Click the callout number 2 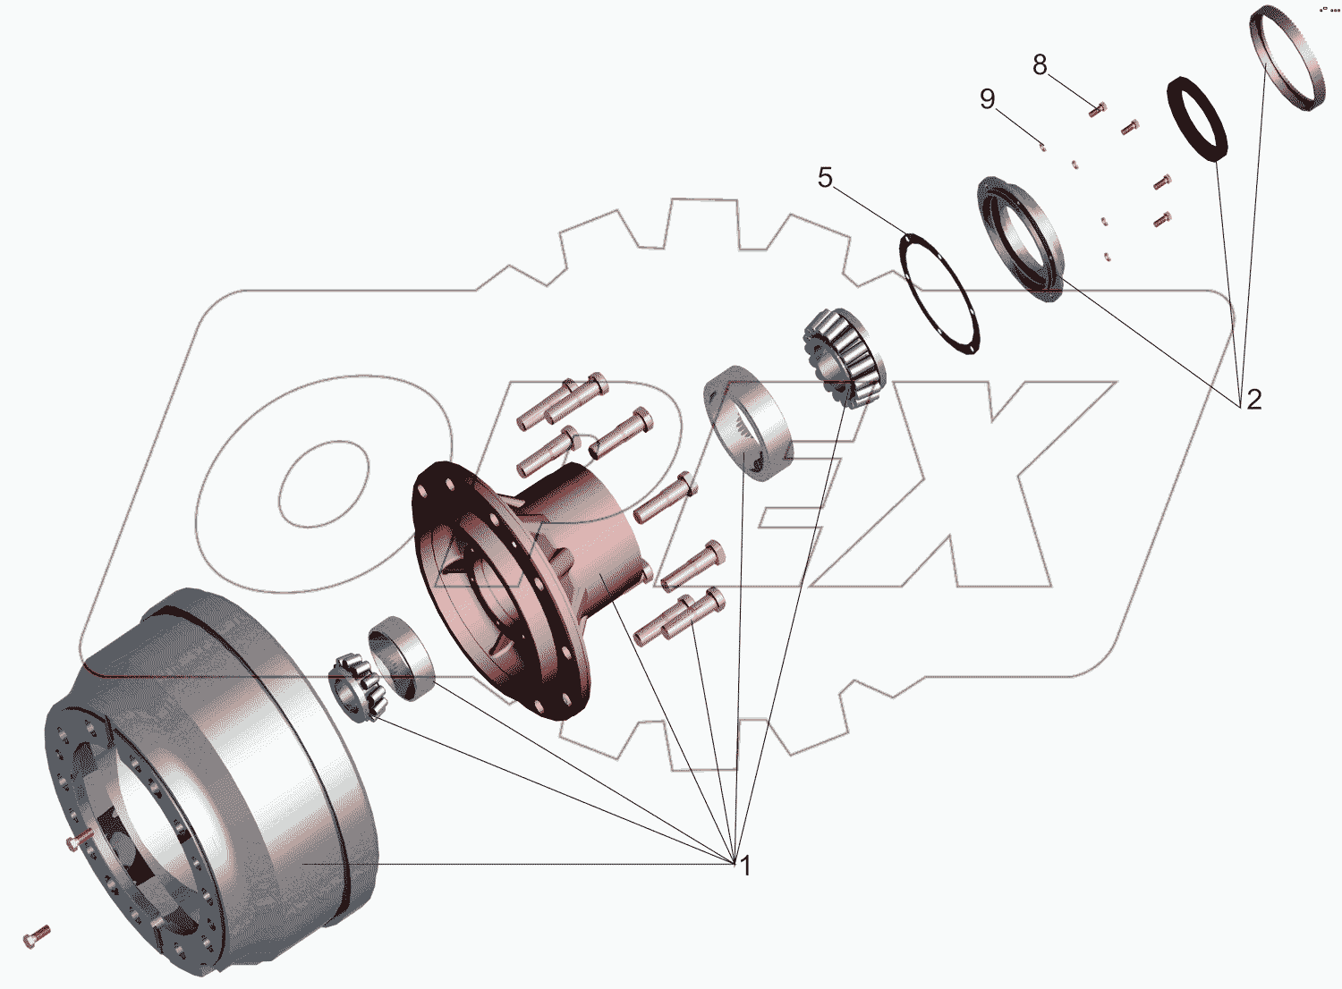(x=1254, y=400)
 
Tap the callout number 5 (x=825, y=178)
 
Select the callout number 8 (x=1040, y=65)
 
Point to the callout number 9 (x=988, y=98)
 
